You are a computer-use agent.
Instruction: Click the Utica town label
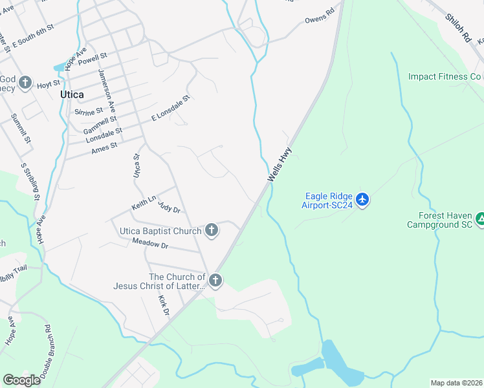pos(72,94)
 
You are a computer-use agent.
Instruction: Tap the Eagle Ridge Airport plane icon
pos(362,199)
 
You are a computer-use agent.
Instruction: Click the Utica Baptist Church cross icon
pos(212,230)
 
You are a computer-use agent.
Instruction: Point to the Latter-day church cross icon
pos(215,281)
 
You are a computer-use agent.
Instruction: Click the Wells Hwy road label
pos(280,165)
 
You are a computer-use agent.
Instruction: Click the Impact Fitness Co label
pos(445,77)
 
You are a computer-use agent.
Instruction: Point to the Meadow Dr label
pos(150,243)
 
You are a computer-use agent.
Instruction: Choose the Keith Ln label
pos(144,204)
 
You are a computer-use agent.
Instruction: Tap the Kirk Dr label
pos(164,306)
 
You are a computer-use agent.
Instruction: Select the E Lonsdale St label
pos(170,108)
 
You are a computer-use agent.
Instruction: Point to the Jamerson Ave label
pos(107,89)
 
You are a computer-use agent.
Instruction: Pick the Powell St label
pos(93,58)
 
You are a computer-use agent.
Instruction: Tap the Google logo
pos(22,380)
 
